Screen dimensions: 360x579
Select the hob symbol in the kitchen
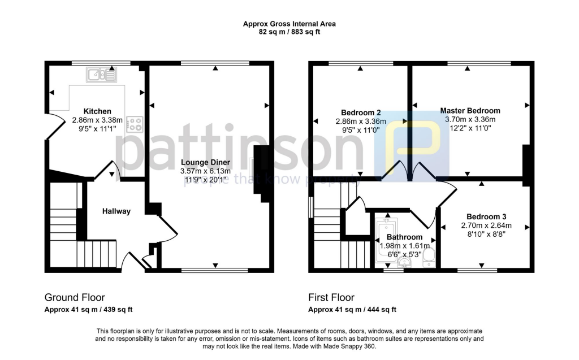coord(135,124)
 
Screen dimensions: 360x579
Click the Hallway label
coord(116,211)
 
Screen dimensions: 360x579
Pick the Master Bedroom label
coord(470,111)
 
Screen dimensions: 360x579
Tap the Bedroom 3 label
coord(486,216)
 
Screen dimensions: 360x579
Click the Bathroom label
coord(404,237)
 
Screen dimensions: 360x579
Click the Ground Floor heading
coord(75,297)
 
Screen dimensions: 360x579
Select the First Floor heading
coord(331,297)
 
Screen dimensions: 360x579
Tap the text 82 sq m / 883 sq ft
coord(289,32)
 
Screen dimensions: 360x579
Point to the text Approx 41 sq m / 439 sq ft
coord(88,310)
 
